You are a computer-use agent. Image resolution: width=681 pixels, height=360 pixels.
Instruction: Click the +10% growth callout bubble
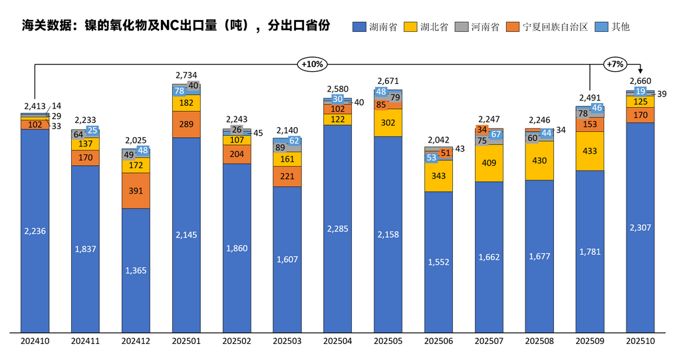311,65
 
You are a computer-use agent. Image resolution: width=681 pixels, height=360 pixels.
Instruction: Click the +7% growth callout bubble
614,65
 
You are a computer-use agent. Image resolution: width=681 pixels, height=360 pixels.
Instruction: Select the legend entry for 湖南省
375,27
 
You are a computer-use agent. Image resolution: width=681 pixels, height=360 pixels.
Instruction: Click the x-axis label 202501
186,341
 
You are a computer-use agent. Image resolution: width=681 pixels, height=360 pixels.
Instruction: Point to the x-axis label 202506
438,341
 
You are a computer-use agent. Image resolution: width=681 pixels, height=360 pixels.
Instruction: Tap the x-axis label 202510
640,341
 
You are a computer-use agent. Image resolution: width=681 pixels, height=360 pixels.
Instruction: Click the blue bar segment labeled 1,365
136,270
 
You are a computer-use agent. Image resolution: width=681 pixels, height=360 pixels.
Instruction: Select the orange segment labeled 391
136,191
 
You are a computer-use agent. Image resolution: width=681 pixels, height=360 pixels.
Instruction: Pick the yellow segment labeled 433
590,151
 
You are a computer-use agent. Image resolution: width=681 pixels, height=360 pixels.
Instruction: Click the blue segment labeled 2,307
640,228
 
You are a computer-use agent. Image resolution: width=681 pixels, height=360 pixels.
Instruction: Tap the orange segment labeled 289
186,124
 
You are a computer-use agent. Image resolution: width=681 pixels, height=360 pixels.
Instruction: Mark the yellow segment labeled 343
438,176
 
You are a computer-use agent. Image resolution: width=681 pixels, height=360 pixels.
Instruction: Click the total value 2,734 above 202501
186,75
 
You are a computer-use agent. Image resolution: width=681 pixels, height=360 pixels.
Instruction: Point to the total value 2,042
438,140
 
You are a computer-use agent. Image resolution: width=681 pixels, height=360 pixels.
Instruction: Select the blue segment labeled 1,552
438,262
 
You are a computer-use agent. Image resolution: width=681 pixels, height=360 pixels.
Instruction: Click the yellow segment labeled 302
388,123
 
